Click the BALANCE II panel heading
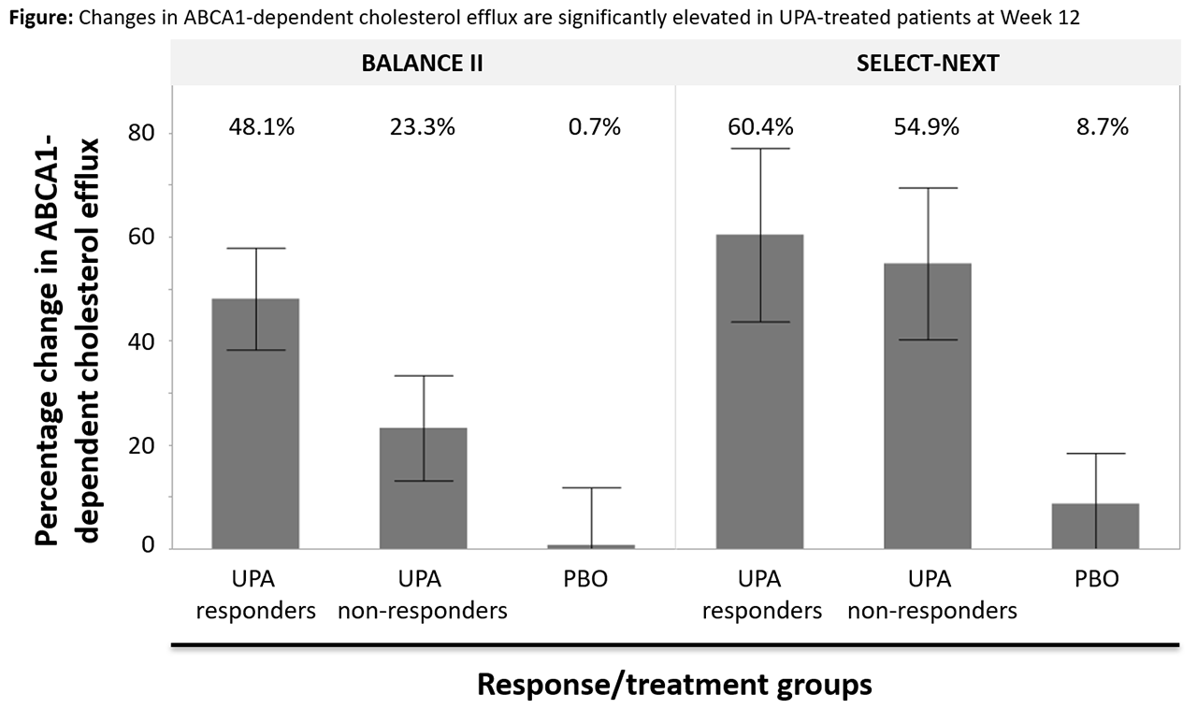pyautogui.click(x=423, y=64)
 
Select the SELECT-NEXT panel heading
pyautogui.click(x=928, y=64)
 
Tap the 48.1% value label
pyautogui.click(x=262, y=127)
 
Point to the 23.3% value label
pyautogui.click(x=423, y=127)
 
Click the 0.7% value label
pyautogui.click(x=594, y=127)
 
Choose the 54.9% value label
pyautogui.click(x=927, y=127)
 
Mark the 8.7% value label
pyautogui.click(x=1096, y=127)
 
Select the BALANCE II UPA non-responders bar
pyautogui.click(x=424, y=487)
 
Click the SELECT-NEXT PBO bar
pyautogui.click(x=1095, y=526)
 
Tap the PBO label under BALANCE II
pyautogui.click(x=586, y=579)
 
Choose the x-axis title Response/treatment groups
pyautogui.click(x=674, y=685)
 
